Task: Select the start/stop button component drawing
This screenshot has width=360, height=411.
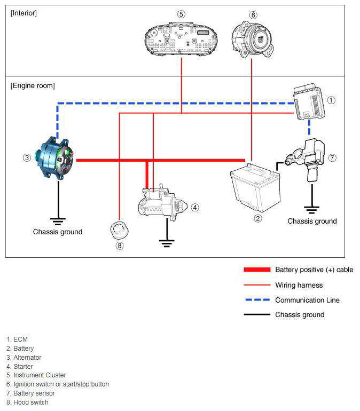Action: point(252,39)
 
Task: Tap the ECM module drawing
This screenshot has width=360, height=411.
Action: point(309,102)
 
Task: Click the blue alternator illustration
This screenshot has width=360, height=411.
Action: point(55,158)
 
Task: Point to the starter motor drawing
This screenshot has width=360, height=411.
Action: point(162,202)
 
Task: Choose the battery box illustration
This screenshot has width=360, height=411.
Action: point(255,188)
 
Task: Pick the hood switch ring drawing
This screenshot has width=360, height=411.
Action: point(119,230)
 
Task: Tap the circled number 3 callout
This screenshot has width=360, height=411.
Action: point(27,158)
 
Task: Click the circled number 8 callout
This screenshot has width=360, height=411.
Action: point(120,246)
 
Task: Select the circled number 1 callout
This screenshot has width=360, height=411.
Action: point(331,100)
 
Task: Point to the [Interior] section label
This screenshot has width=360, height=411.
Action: point(24,13)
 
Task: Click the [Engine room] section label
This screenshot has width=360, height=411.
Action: point(33,86)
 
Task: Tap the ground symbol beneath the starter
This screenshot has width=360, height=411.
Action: point(167,243)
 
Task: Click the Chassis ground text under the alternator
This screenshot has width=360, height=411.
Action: point(58,232)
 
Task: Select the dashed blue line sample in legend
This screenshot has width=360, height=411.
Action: point(257,300)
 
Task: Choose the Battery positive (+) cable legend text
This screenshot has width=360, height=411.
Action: point(314,270)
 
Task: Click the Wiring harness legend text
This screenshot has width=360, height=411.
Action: point(299,285)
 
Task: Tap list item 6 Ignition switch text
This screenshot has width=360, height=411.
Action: point(58,384)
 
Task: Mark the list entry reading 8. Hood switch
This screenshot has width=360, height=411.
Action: point(28,402)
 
